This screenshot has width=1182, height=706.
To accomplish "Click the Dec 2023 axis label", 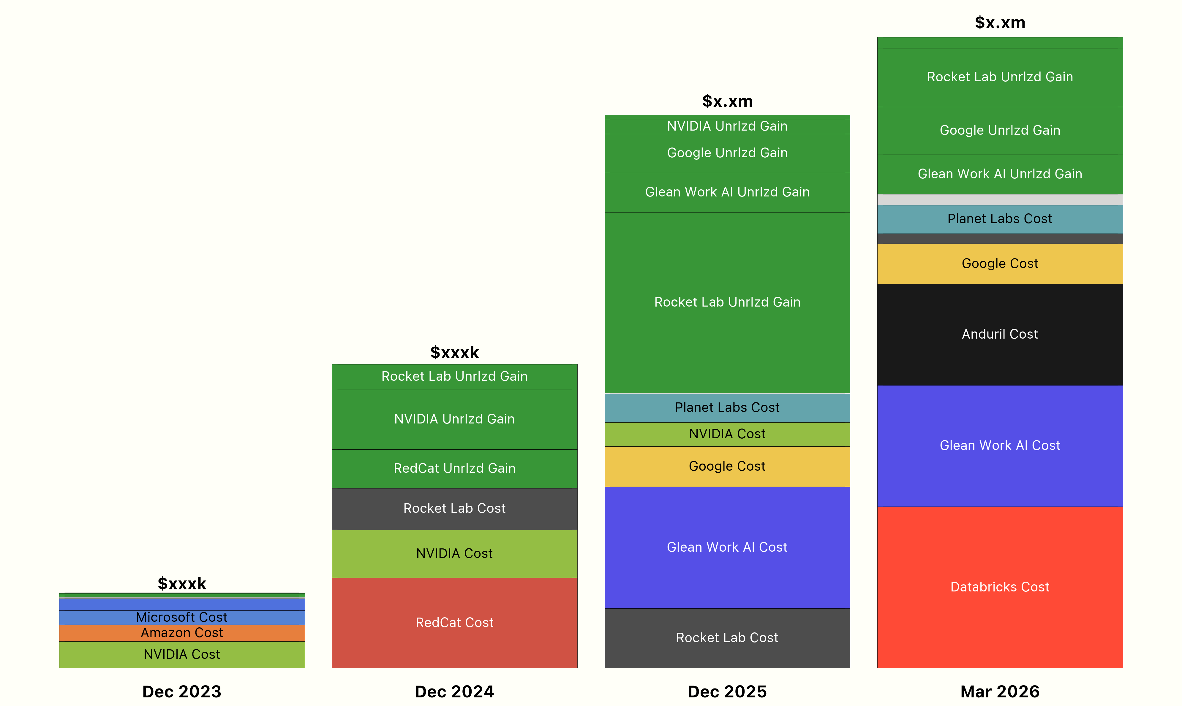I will (x=181, y=691).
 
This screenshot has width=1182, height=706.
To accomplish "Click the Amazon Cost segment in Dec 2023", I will (x=181, y=633).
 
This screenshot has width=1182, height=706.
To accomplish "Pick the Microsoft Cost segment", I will (x=181, y=617).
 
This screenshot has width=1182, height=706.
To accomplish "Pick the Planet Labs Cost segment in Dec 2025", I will (x=727, y=407).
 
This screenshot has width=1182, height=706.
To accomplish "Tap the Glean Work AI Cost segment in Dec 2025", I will (x=727, y=547).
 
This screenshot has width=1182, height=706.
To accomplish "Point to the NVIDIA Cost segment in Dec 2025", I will (x=727, y=434).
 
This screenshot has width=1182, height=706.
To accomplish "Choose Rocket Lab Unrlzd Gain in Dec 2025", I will (x=727, y=302).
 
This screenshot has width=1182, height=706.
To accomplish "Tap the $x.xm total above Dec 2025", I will (x=727, y=101).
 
